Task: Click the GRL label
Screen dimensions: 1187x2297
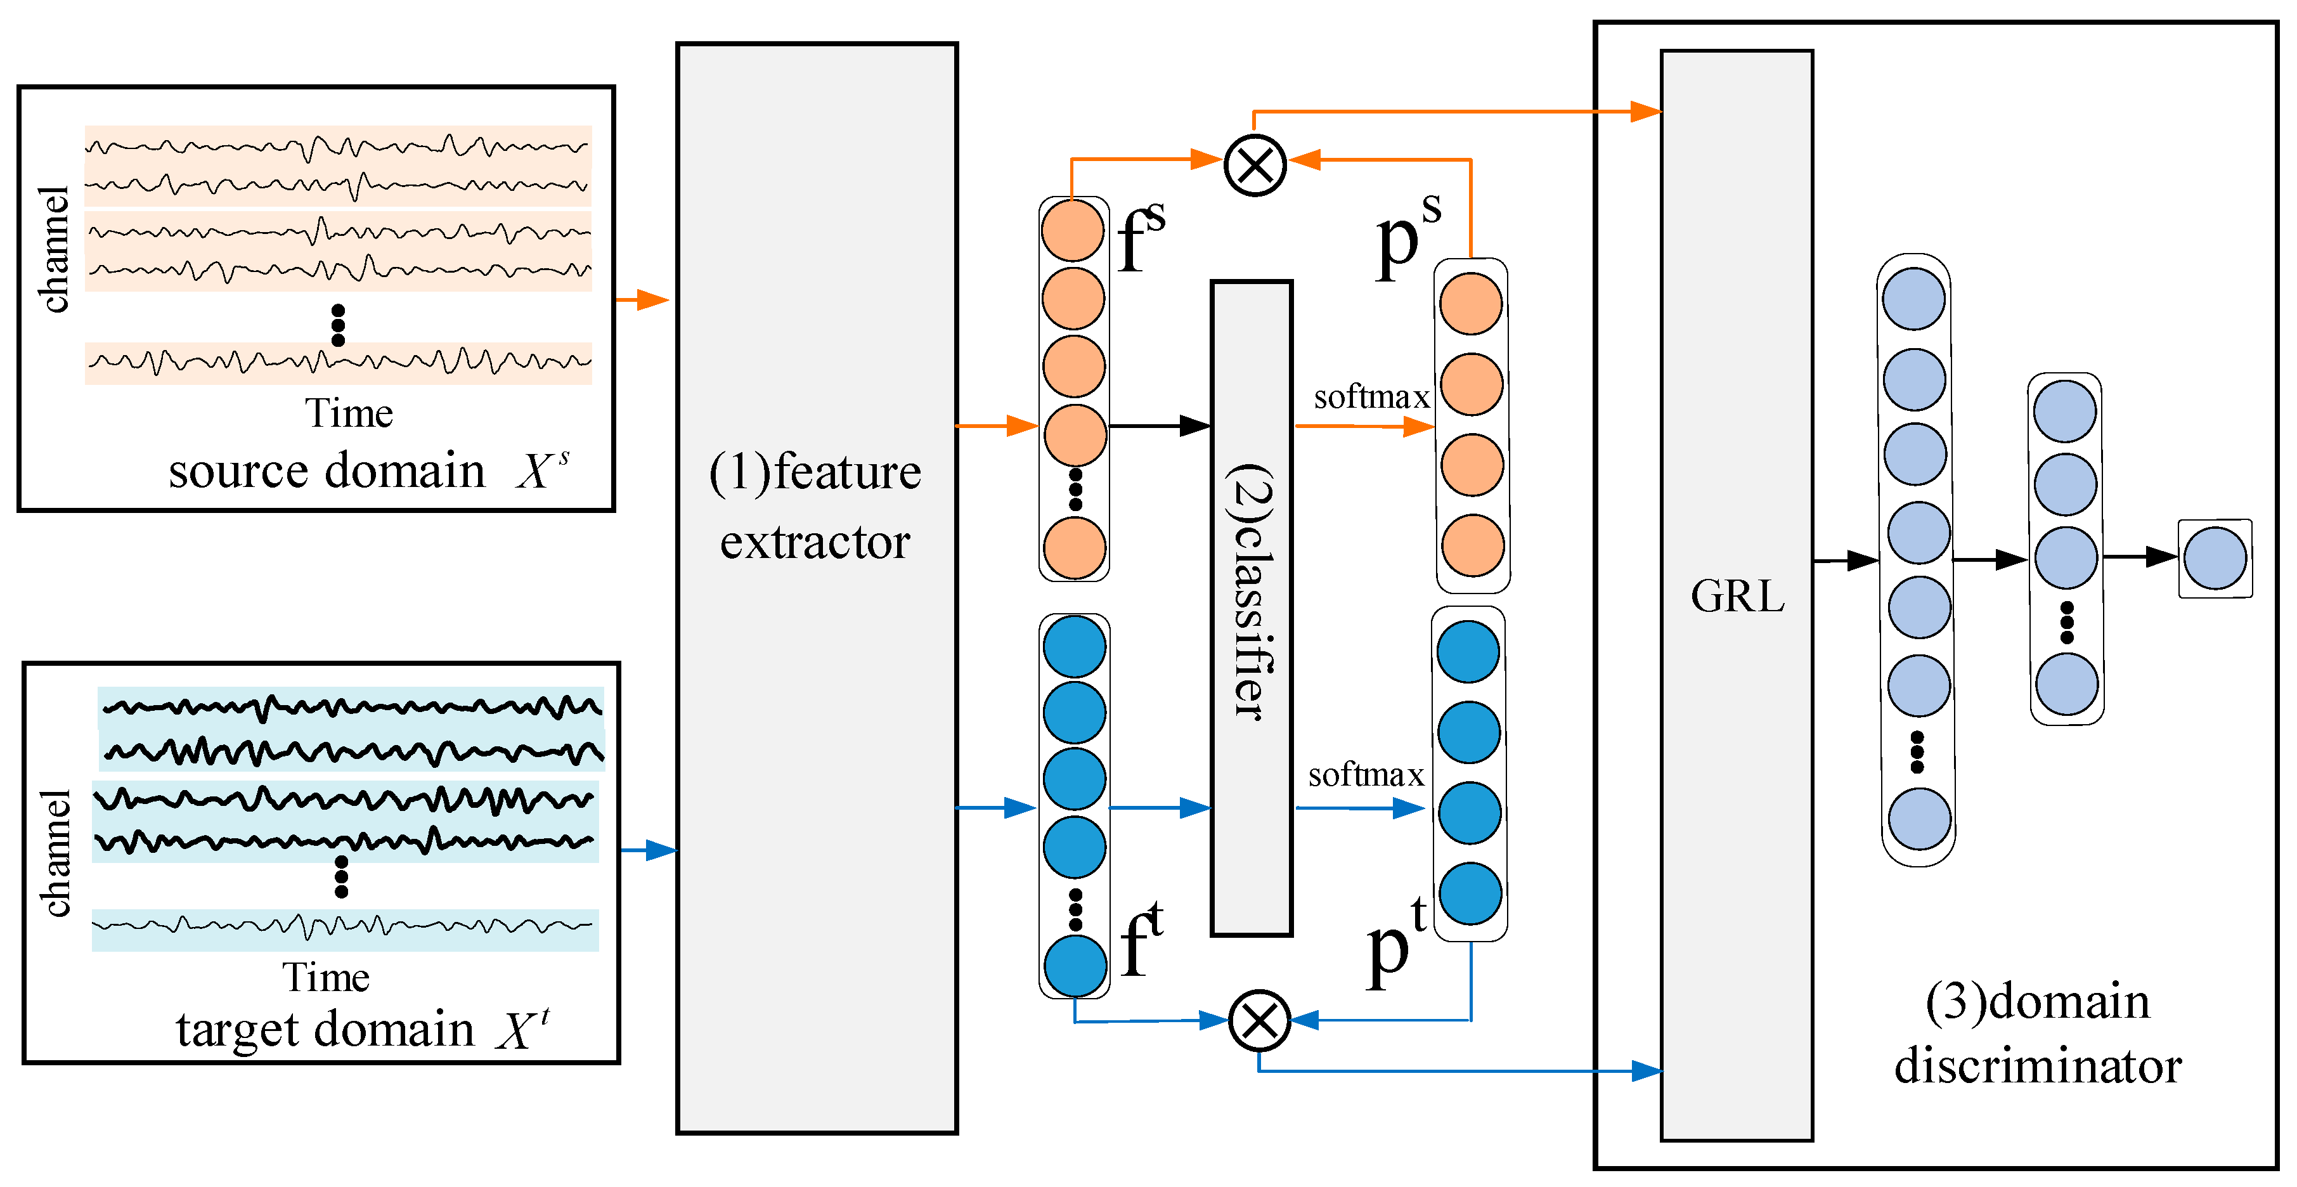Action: (1737, 596)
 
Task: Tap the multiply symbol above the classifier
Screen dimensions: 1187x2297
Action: (1255, 165)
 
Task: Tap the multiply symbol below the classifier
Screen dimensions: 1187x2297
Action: (1259, 1020)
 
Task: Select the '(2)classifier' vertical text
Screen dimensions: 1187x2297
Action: (1251, 591)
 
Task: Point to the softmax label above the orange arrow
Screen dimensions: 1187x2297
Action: (1371, 397)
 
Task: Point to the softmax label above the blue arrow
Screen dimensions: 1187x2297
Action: (1365, 775)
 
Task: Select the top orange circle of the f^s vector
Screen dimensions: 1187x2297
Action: (1073, 230)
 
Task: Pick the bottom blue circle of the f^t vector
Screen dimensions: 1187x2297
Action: (1075, 966)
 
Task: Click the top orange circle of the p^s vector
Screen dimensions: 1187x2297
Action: (1470, 303)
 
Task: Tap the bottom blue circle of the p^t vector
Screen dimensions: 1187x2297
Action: (1470, 893)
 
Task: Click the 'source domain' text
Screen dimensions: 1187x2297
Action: (327, 471)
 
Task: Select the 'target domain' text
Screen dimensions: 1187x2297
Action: (325, 1030)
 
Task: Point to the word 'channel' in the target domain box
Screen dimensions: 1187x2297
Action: (55, 853)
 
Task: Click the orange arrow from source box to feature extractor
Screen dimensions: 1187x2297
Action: (643, 300)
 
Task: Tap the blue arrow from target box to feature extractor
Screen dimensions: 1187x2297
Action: (648, 850)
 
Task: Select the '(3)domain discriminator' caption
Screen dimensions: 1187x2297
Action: (2038, 1033)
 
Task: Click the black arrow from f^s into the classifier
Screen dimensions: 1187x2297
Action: (1159, 425)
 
